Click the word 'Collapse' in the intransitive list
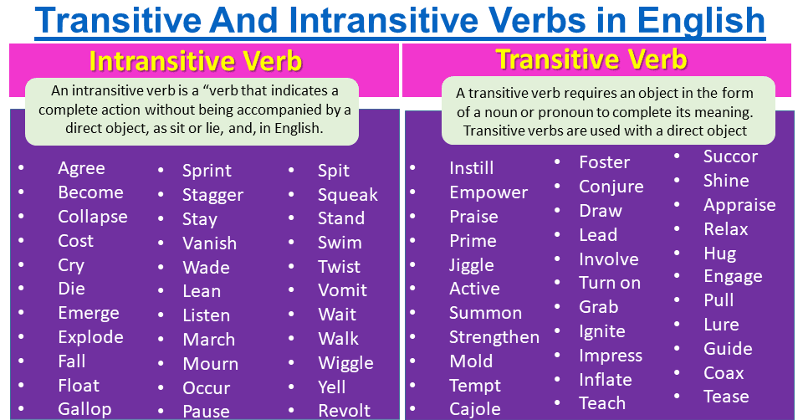point(92,217)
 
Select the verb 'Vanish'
point(209,243)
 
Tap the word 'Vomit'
point(342,290)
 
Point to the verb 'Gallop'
point(84,409)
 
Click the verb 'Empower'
point(488,192)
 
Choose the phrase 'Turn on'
point(610,283)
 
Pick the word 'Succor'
point(730,156)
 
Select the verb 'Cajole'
point(474,409)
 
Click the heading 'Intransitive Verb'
point(195,62)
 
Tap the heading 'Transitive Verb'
point(591,59)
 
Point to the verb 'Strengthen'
point(494,337)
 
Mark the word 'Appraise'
point(739,205)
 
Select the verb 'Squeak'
point(347,195)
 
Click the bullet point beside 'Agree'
point(22,170)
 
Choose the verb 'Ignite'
point(601,331)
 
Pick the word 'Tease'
point(726,397)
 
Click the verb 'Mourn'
point(210,364)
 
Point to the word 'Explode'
point(90,337)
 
